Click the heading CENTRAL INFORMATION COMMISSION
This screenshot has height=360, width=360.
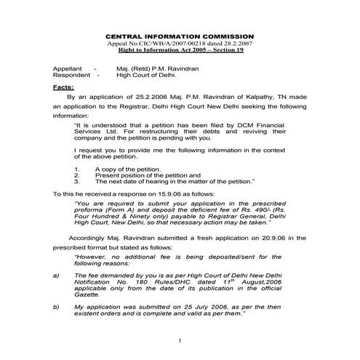pyautogui.click(x=180, y=36)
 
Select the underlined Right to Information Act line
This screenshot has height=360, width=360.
pyautogui.click(x=180, y=51)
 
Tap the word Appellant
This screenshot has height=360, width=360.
pyautogui.click(x=68, y=67)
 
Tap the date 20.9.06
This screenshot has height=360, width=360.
pyautogui.click(x=272, y=238)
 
